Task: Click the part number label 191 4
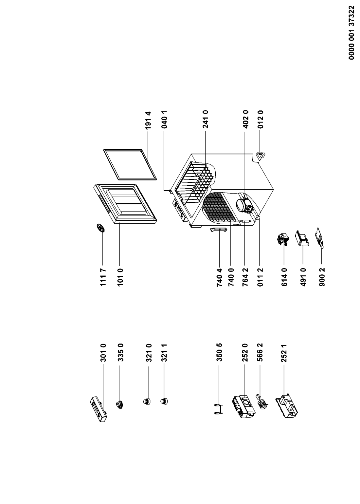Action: click(148, 121)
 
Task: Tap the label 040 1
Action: click(164, 120)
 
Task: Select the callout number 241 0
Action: click(206, 120)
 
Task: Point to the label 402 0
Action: click(245, 120)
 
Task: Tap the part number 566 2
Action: click(260, 353)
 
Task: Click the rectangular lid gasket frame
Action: click(130, 164)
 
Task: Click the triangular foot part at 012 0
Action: click(261, 156)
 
